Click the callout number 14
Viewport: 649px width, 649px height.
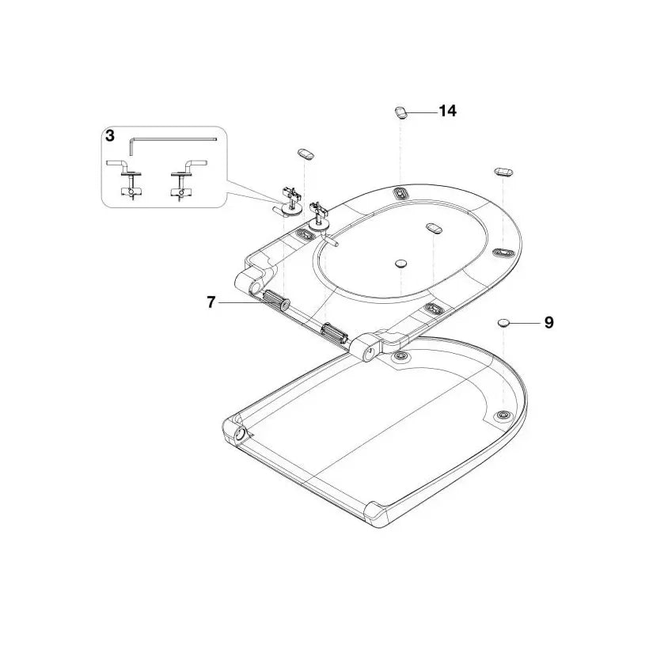[x=447, y=111]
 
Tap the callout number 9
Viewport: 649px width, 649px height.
[x=548, y=322]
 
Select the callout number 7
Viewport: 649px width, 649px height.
[x=211, y=302]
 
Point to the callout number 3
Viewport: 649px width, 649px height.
[x=110, y=136]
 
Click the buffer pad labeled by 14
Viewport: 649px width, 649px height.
[x=400, y=112]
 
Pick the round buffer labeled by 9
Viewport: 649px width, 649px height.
[x=503, y=322]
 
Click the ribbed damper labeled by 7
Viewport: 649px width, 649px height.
[x=276, y=300]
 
